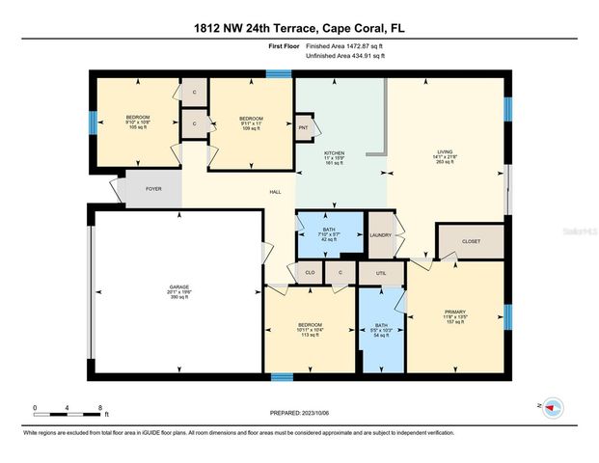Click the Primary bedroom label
[x=455, y=312]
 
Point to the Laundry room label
[x=379, y=235]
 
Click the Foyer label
[x=153, y=189]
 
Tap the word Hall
[x=274, y=193]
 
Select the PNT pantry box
[x=303, y=127]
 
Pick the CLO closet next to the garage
[x=310, y=274]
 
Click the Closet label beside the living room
[x=470, y=241]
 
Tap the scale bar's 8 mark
[x=101, y=408]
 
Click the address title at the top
[x=299, y=28]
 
